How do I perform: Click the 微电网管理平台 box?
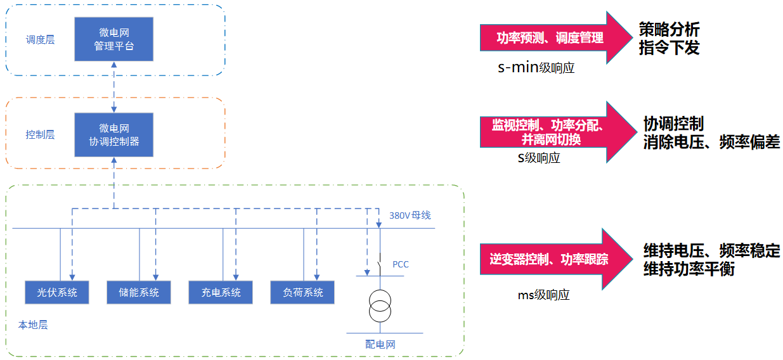(x=113, y=39)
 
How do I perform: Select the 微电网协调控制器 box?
(x=113, y=134)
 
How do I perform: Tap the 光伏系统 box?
(x=57, y=292)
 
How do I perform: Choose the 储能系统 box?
(x=139, y=292)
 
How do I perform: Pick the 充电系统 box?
(x=221, y=292)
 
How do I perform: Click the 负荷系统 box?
(x=302, y=292)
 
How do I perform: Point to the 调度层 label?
(x=40, y=39)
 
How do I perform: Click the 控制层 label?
(x=40, y=134)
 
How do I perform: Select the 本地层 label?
(x=33, y=325)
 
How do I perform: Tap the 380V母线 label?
(x=410, y=215)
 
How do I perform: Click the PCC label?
(x=401, y=264)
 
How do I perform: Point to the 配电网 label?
(x=380, y=344)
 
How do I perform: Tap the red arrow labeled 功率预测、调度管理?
(x=556, y=38)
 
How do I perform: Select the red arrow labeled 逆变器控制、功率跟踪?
(x=556, y=259)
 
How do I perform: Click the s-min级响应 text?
(x=536, y=67)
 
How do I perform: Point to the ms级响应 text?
(x=543, y=295)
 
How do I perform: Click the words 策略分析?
(x=669, y=29)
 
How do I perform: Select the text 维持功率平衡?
(x=689, y=269)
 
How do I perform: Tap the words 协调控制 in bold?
(x=673, y=124)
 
